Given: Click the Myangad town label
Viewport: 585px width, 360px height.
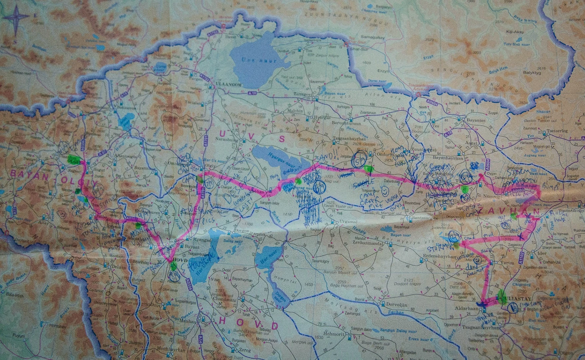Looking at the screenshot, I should [197, 239].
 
